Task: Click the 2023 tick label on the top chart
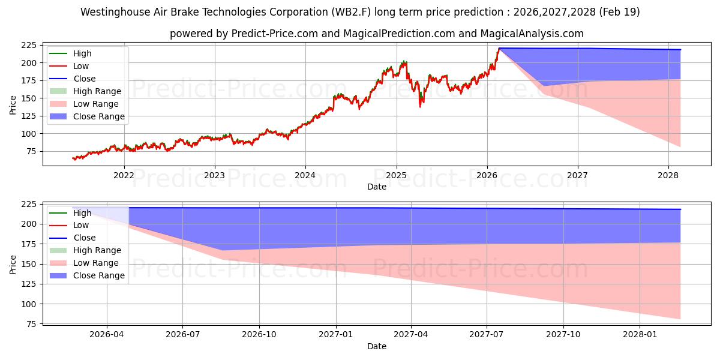tap(214, 175)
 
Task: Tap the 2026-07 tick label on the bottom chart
tap(182, 335)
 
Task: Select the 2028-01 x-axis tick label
tap(640, 335)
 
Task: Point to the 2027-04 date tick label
tap(411, 335)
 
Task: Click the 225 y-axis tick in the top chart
tap(29, 46)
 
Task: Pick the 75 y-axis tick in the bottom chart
tap(31, 324)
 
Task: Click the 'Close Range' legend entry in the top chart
tap(87, 116)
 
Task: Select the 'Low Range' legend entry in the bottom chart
tap(83, 263)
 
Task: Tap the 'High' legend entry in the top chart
tap(70, 53)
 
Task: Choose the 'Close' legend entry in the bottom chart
tap(73, 238)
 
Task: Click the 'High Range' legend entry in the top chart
tap(85, 91)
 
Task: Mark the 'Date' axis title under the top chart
tap(377, 187)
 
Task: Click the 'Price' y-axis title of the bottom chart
tap(13, 265)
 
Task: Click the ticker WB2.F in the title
tap(351, 12)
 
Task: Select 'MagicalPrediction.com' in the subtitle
tap(399, 34)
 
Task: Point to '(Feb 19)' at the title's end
tap(619, 12)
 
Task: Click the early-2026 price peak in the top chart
tap(499, 49)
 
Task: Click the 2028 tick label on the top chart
tap(668, 175)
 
